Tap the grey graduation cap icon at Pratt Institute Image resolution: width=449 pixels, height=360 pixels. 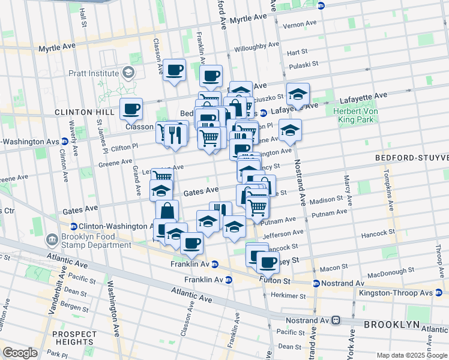pyautogui.click(x=128, y=73)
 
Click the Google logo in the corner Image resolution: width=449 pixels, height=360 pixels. pyautogui.click(x=20, y=353)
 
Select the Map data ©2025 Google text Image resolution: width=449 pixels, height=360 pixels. pyautogui.click(x=412, y=355)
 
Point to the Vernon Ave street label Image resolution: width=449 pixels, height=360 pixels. pyautogui.click(x=300, y=24)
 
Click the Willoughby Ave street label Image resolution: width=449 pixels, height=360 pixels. pyautogui.click(x=257, y=45)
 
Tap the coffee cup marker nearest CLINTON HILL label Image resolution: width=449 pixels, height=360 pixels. pyautogui.click(x=131, y=109)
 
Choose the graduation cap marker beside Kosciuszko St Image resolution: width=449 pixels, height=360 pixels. pyautogui.click(x=297, y=94)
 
